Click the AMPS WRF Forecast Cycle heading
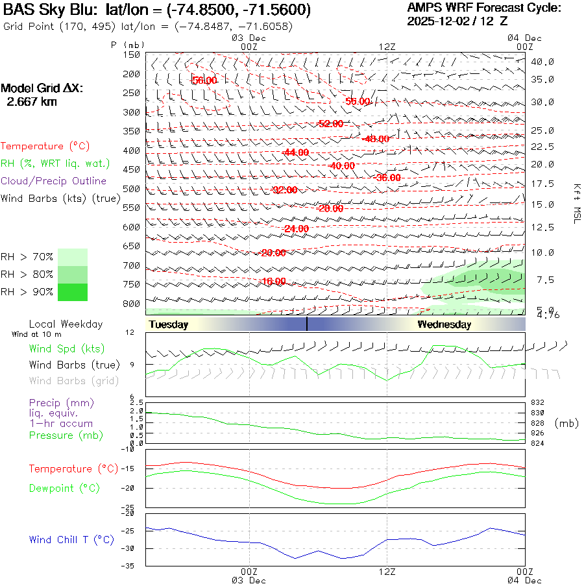tap(483, 8)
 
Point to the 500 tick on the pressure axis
tap(131, 189)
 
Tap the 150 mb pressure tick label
tap(131, 55)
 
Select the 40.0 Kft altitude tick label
tap(542, 62)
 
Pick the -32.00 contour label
tap(285, 190)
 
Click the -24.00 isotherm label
tap(296, 229)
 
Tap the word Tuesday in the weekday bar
tap(168, 324)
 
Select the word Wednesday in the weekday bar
tap(444, 324)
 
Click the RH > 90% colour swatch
tap(73, 293)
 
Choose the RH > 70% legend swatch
tap(73, 257)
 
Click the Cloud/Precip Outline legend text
tap(53, 181)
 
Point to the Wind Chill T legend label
tap(71, 539)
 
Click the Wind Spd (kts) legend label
tap(67, 348)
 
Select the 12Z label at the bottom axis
tap(387, 571)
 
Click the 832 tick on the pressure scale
tap(537, 402)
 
